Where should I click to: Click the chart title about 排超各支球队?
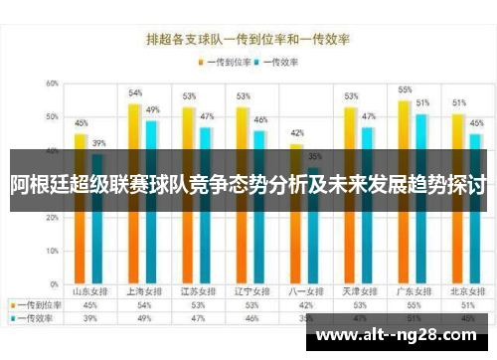tap(248, 40)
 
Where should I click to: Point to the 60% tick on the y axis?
tap(51, 84)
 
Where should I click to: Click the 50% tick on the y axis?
tap(51, 117)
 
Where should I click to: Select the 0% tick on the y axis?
tap(53, 286)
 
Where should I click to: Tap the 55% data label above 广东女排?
tap(405, 90)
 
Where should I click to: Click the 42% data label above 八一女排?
tap(296, 133)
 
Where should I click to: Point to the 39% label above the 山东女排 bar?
tap(99, 143)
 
